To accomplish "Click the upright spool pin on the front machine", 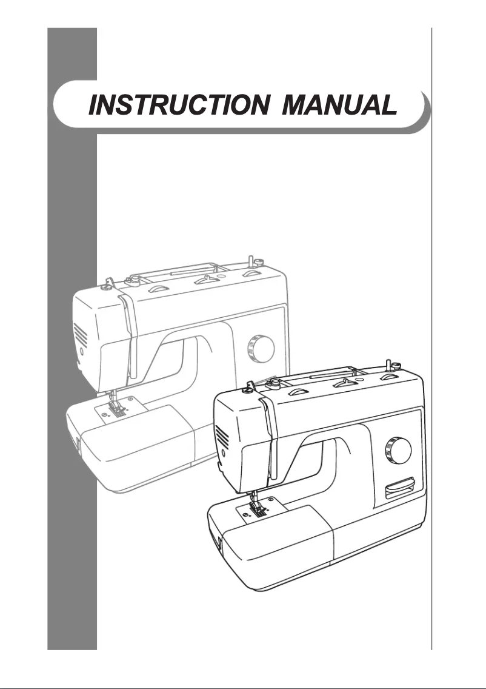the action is coord(386,365).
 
